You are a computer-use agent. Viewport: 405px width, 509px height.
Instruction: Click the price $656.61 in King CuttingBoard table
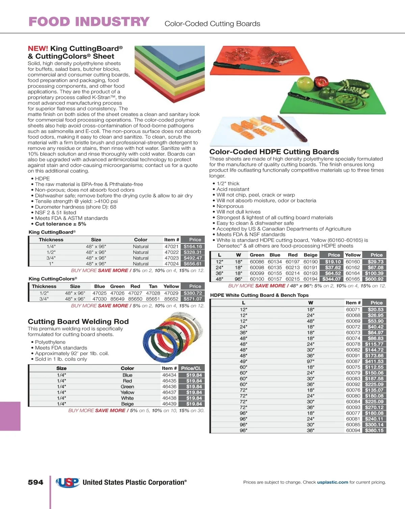pos(192,264)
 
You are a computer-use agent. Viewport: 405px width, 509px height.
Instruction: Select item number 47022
pos(171,252)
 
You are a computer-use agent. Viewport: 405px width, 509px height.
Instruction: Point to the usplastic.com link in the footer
pos(332,482)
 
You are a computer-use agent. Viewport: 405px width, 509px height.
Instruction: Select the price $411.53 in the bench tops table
pos(374,361)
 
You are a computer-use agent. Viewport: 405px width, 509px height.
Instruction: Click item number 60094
pos(353,431)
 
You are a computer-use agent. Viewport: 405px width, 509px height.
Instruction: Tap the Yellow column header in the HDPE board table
pos(353,255)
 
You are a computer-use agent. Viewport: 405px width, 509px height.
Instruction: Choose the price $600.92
pos(374,279)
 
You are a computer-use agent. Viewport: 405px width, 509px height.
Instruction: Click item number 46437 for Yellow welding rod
pos(169,393)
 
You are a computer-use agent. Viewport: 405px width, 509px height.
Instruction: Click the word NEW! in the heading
pos(38,49)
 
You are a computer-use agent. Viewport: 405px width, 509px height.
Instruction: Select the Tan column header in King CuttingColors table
pos(153,286)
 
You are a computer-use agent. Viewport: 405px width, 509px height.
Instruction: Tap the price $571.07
pos(193,299)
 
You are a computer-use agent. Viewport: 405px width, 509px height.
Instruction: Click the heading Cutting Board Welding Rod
pos(78,322)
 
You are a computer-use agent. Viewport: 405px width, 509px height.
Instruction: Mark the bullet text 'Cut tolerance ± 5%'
pos(60,224)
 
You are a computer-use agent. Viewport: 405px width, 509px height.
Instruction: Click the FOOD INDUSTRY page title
pos(89,22)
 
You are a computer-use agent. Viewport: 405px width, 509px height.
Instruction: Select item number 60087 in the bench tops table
pos(353,361)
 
